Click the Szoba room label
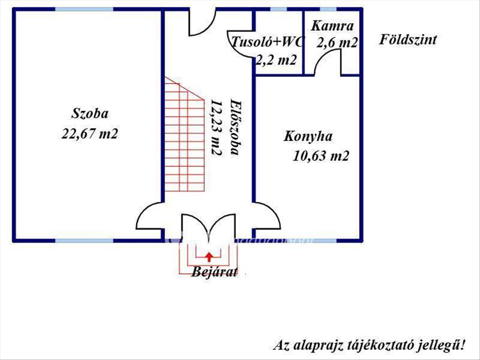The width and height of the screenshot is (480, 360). coord(90,114)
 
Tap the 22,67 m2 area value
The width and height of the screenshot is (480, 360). coord(90,133)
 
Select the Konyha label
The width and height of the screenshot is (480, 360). coord(308,137)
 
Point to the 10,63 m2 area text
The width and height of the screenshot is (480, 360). coord(321,156)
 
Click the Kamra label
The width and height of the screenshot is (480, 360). coord(332,26)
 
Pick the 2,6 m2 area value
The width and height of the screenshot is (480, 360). coord(337,43)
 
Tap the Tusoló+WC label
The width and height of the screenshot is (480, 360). coord(267,42)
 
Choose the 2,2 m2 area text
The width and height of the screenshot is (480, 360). coord(276,60)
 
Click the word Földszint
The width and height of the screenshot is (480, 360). coord(408,40)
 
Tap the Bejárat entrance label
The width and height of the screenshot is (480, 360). coord(214,272)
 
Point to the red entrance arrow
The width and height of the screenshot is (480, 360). coord(209,257)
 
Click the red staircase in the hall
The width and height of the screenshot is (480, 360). coord(184,134)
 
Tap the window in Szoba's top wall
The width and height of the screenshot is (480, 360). coord(84,9)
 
